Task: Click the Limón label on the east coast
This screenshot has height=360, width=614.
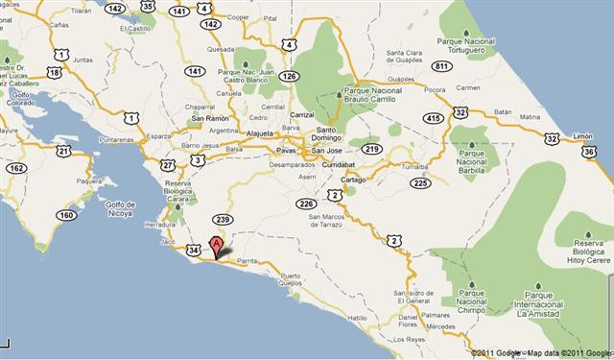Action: [x=583, y=136]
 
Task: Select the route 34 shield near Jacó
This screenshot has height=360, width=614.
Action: [x=196, y=251]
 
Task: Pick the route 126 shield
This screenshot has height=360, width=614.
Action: [x=290, y=76]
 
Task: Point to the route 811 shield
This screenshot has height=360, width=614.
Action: [x=442, y=66]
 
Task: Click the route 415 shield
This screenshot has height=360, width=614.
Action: [x=435, y=118]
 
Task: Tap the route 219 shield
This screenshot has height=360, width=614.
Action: [x=372, y=149]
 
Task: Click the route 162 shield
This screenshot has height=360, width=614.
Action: [x=16, y=168]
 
